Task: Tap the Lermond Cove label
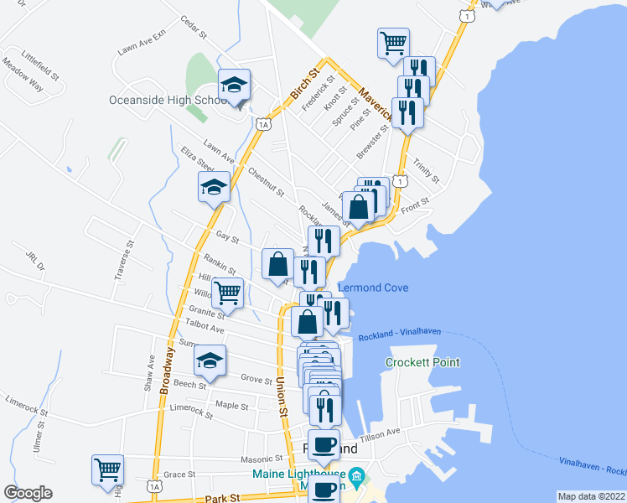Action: click(x=373, y=288)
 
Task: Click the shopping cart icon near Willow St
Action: click(x=227, y=293)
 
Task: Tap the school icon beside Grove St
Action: click(x=210, y=361)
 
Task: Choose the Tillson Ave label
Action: click(x=381, y=433)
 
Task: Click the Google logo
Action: click(x=28, y=493)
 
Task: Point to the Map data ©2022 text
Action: click(x=591, y=496)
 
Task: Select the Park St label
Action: click(x=216, y=499)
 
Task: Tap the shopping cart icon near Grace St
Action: click(x=108, y=469)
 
